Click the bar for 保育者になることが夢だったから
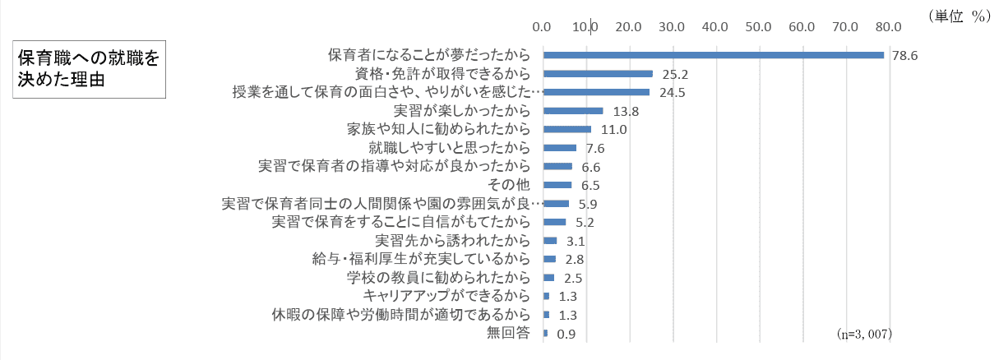tap(714, 55)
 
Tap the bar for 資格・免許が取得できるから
tap(598, 73)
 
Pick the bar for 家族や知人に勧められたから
tap(567, 129)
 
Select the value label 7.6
tap(595, 148)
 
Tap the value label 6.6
tap(591, 167)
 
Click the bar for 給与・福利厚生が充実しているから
tap(549, 259)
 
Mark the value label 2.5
tap(573, 278)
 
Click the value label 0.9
tap(566, 334)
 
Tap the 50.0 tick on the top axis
tap(759, 26)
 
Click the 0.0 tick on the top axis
tap(543, 26)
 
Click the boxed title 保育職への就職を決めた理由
tap(89, 71)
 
